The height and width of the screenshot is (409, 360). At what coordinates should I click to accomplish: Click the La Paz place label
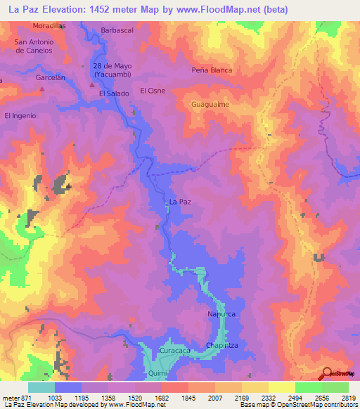point(181,202)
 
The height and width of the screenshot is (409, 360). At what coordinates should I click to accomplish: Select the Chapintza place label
point(224,344)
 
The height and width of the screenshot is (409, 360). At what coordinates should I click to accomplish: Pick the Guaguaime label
point(210,104)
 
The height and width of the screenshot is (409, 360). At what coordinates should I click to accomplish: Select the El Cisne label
point(153,91)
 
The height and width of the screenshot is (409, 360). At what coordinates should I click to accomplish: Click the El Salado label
point(112,93)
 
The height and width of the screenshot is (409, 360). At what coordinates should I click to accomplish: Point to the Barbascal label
point(117,31)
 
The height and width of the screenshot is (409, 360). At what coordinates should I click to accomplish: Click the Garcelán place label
point(50,78)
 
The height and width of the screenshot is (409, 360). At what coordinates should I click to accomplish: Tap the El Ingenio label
point(20,115)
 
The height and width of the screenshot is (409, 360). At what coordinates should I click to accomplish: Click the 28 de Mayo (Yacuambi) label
point(112,70)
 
